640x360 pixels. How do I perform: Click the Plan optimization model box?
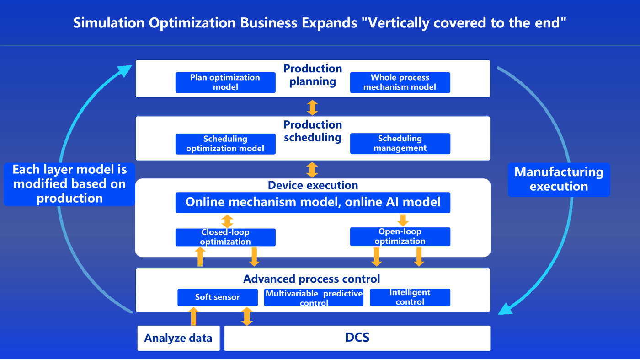(x=225, y=82)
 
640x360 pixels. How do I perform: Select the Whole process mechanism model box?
(x=400, y=82)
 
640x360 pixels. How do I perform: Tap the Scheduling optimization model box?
(x=225, y=144)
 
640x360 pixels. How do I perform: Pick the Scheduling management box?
(x=400, y=144)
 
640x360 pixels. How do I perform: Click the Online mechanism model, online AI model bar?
(x=313, y=202)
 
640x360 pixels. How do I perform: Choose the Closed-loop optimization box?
(x=225, y=237)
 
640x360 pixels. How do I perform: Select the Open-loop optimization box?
(x=400, y=236)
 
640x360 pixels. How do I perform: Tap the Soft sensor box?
(x=217, y=297)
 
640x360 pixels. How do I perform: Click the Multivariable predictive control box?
(x=314, y=298)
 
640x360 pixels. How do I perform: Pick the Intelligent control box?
(x=410, y=297)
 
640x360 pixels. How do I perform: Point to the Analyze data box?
(x=178, y=338)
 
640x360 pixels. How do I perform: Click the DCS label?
(x=357, y=338)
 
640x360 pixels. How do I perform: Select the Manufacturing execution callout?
(x=559, y=179)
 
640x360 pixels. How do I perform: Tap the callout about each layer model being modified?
(x=69, y=184)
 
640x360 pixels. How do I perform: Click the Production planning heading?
(x=313, y=75)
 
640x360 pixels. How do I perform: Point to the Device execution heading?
(x=313, y=185)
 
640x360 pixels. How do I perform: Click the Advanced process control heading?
(x=312, y=279)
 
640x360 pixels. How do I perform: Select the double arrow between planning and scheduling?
(x=312, y=107)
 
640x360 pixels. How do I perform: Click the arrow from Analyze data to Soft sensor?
(x=193, y=316)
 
